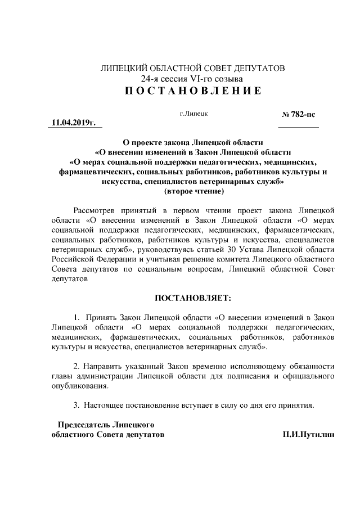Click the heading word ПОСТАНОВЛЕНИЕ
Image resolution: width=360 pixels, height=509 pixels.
click(x=192, y=91)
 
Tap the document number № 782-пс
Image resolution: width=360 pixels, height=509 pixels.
click(x=298, y=114)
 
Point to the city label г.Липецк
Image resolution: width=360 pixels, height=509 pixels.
click(x=194, y=114)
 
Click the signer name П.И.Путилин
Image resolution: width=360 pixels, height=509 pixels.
click(x=309, y=435)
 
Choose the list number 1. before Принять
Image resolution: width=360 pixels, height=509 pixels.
click(x=77, y=316)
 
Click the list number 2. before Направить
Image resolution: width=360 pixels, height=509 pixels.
click(x=77, y=366)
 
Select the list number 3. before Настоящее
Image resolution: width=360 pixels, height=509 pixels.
click(x=77, y=404)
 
